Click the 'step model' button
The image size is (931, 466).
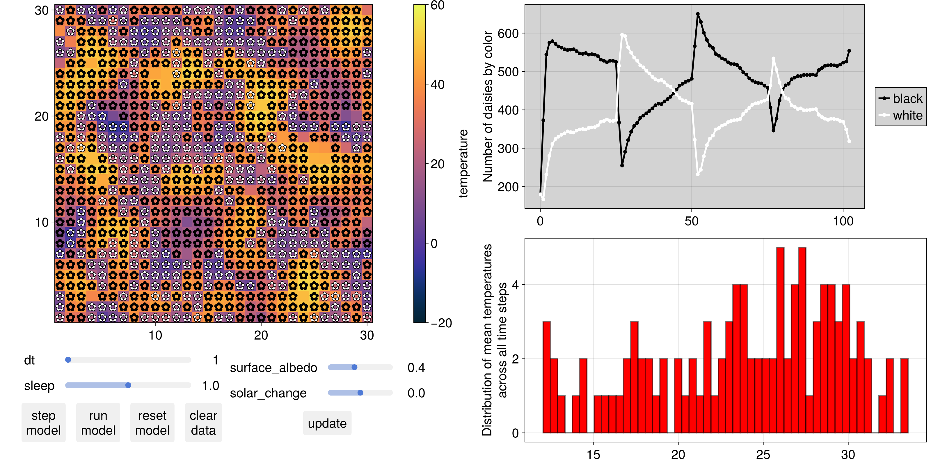(x=43, y=423)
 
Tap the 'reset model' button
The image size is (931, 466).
(x=152, y=423)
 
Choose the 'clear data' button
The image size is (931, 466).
(x=203, y=423)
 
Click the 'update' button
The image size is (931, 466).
(x=327, y=423)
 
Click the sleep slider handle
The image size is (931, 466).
(x=128, y=385)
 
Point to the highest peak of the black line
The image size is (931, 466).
(x=698, y=14)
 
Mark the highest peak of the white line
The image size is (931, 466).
(x=622, y=35)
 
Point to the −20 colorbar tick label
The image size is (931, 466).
(x=441, y=323)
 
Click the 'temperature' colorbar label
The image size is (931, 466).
(x=463, y=163)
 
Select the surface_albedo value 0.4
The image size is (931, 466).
(x=416, y=368)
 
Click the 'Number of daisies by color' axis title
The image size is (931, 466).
(x=488, y=106)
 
